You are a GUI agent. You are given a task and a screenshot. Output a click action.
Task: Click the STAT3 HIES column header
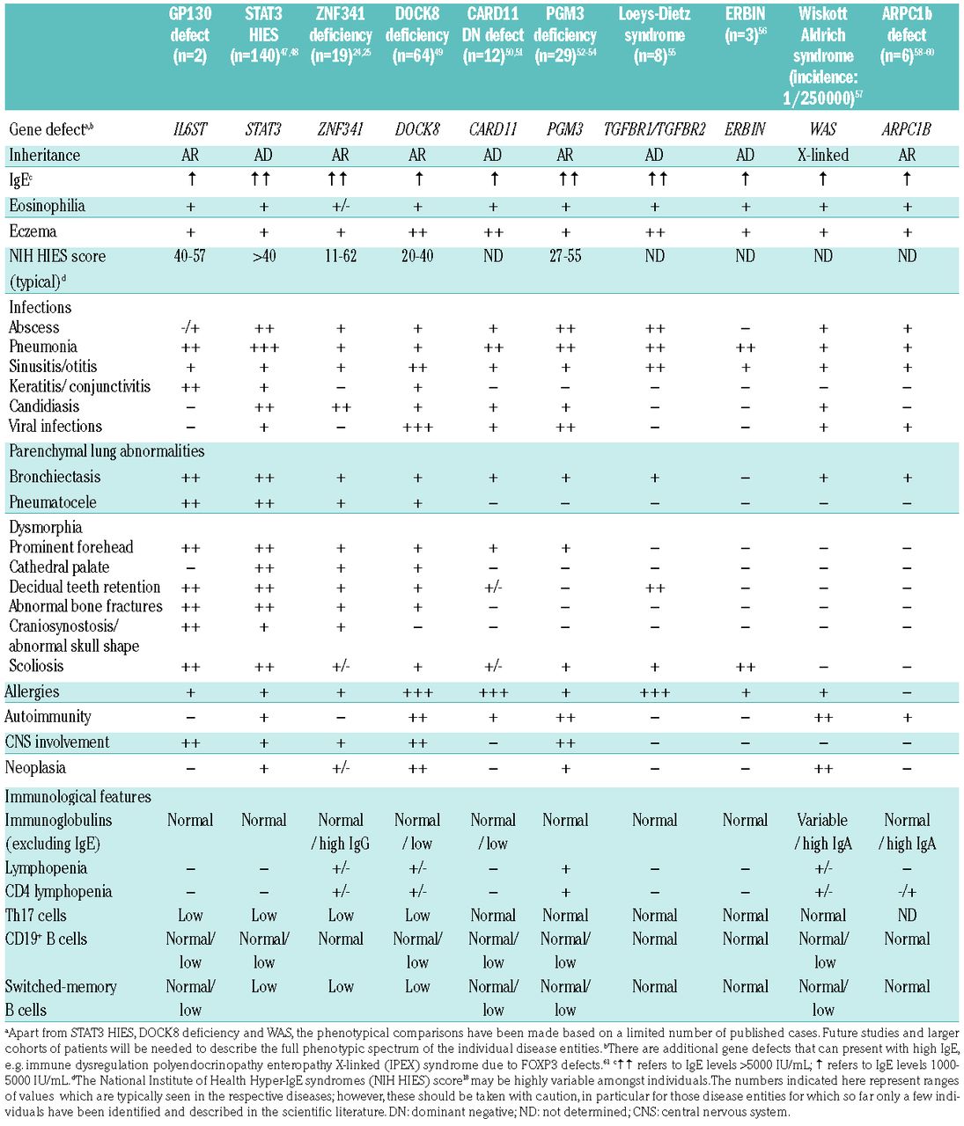pyautogui.click(x=263, y=35)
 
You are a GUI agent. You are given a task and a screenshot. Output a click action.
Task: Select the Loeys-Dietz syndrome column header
pyautogui.click(x=654, y=35)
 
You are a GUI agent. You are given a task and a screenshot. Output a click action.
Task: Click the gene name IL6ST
pyautogui.click(x=190, y=129)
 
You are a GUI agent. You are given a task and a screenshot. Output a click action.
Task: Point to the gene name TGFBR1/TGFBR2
pyautogui.click(x=654, y=129)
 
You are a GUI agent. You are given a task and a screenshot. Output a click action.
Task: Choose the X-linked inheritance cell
pyautogui.click(x=822, y=155)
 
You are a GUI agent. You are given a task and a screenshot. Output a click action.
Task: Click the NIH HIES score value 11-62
pyautogui.click(x=340, y=256)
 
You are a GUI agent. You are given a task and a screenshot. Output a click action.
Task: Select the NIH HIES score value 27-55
pyautogui.click(x=565, y=256)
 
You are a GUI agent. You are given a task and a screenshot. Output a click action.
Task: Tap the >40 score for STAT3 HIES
pyautogui.click(x=263, y=256)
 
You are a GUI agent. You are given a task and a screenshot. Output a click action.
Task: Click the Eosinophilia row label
pyautogui.click(x=47, y=206)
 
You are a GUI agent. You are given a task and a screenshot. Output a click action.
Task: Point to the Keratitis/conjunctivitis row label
pyautogui.click(x=79, y=386)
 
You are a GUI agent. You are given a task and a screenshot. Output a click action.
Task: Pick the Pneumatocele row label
pyautogui.click(x=52, y=502)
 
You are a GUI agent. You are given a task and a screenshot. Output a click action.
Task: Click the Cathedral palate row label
pyautogui.click(x=59, y=567)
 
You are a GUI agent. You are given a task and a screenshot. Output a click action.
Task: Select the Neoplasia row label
pyautogui.click(x=35, y=767)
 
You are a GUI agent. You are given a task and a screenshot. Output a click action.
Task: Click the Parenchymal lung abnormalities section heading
pyautogui.click(x=107, y=451)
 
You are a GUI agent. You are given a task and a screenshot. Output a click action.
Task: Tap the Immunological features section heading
pyautogui.click(x=78, y=797)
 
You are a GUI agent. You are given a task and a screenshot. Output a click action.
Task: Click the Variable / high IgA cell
pyautogui.click(x=822, y=831)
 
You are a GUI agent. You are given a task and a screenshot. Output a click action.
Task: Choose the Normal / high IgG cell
pyautogui.click(x=340, y=831)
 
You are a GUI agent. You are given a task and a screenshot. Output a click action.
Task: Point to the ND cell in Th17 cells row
pyautogui.click(x=907, y=915)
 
